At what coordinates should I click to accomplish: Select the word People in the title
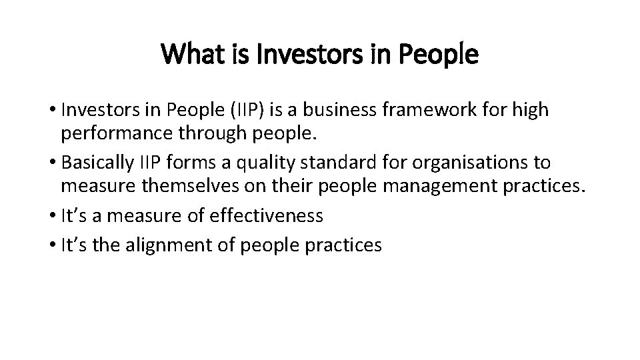(441, 55)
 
